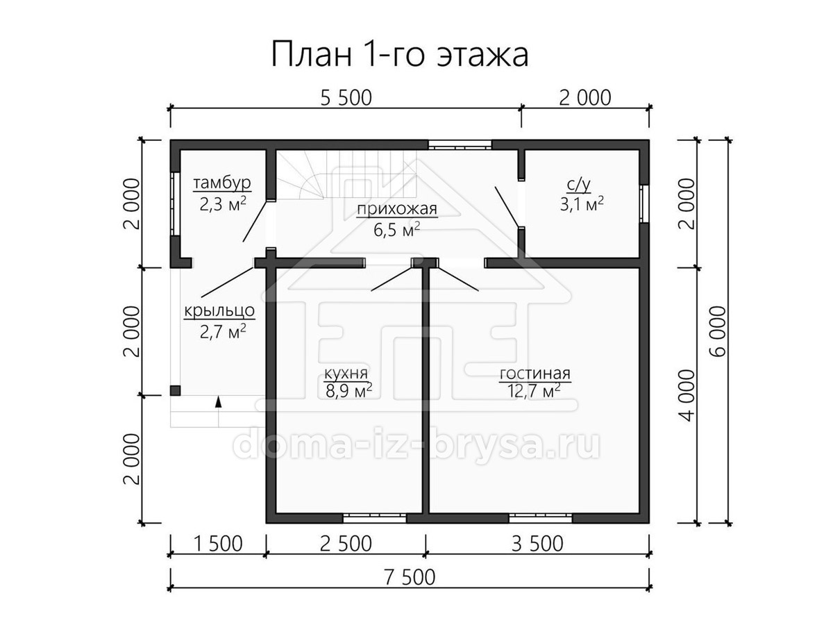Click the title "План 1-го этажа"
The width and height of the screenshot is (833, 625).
[400, 53]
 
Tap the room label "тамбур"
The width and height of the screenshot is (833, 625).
[222, 183]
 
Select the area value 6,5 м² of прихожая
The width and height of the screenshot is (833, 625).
[396, 230]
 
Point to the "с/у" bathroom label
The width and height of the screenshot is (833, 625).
[579, 185]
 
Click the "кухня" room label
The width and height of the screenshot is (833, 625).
[346, 373]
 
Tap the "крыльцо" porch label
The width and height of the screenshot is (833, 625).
[219, 311]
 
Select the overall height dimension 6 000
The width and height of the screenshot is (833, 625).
[716, 331]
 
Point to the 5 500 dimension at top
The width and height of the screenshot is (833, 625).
[346, 98]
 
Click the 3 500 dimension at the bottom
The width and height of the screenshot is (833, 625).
[537, 544]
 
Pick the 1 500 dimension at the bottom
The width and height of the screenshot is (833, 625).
[218, 544]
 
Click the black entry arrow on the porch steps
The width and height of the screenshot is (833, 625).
[218, 402]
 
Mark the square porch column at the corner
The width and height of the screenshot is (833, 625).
[175, 391]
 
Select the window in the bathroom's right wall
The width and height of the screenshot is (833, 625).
[643, 203]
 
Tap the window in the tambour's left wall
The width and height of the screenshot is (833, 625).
[175, 204]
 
